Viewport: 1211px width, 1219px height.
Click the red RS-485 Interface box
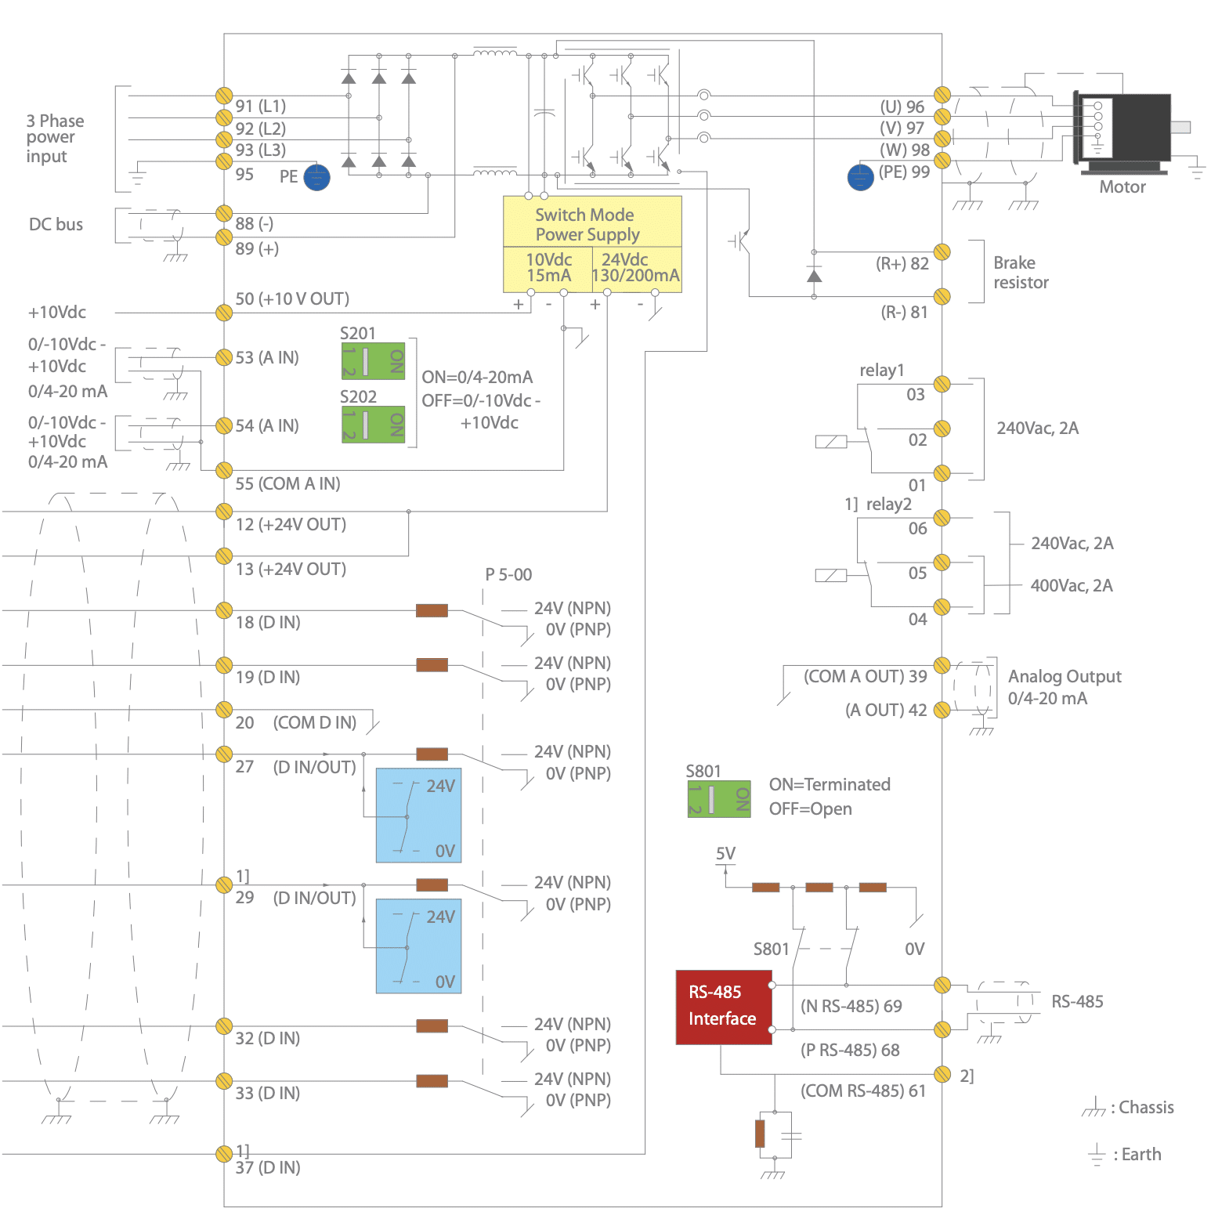[723, 1007]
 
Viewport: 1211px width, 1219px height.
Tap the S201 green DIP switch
[373, 360]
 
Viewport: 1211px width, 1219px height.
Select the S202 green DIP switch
[373, 424]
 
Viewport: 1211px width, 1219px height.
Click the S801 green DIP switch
[719, 798]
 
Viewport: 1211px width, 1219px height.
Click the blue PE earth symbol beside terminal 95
[316, 178]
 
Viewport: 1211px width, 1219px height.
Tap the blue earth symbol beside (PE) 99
[860, 177]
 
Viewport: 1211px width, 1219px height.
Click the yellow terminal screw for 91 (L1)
[224, 96]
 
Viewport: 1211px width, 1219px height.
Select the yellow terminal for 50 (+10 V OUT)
[224, 313]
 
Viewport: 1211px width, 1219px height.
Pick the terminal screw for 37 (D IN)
[224, 1153]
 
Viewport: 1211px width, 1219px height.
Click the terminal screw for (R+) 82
[942, 252]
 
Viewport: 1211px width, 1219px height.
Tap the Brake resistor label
[1021, 273]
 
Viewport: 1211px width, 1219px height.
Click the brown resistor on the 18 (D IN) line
[432, 610]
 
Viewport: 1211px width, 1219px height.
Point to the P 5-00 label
[508, 574]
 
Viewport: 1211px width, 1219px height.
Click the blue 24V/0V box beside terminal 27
[418, 815]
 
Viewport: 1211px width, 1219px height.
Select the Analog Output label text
[1064, 677]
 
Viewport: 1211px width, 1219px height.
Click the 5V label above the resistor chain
[725, 853]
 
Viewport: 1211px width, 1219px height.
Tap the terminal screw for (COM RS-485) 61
[942, 1073]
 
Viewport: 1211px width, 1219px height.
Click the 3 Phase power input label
[55, 139]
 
